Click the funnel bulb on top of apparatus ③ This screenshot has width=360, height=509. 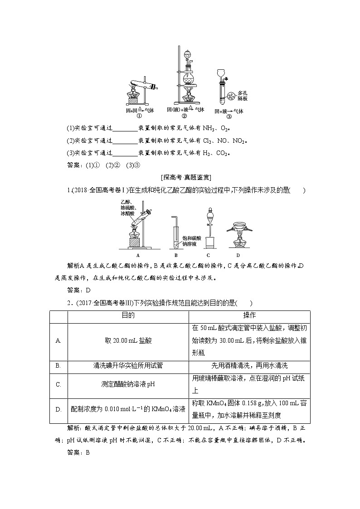(222, 73)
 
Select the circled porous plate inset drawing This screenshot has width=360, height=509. (231, 95)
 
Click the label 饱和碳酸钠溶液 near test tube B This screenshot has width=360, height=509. (191, 241)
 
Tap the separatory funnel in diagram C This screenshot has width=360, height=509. (209, 218)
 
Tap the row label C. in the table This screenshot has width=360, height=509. (58, 385)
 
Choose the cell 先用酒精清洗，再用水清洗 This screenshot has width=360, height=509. (249, 365)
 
